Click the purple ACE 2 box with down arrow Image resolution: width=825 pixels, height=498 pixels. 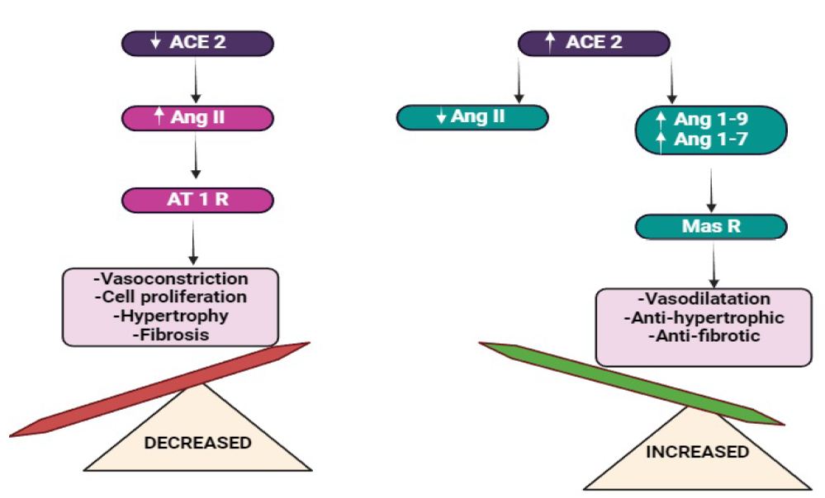click(x=197, y=43)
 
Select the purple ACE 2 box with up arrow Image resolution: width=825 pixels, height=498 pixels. click(x=594, y=43)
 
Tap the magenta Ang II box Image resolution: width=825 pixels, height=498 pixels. click(x=197, y=118)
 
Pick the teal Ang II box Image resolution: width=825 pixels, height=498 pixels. click(x=472, y=117)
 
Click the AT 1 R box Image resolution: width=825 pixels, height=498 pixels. click(x=197, y=200)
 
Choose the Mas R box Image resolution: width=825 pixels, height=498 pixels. click(x=711, y=227)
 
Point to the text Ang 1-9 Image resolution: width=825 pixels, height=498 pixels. click(x=711, y=120)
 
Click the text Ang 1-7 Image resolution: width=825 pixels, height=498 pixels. click(x=711, y=140)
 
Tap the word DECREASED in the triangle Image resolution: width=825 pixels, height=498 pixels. click(x=198, y=443)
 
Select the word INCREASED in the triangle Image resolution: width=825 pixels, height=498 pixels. click(x=697, y=452)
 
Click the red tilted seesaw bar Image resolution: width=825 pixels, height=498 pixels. click(x=159, y=390)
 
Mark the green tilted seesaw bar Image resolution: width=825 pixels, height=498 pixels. click(x=632, y=383)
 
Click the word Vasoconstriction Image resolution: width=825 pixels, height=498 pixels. click(x=170, y=278)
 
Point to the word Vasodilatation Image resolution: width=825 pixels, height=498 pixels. click(x=704, y=299)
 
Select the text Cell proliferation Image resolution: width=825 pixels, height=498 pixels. click(x=170, y=297)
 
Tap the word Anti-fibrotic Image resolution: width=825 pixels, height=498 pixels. click(x=704, y=336)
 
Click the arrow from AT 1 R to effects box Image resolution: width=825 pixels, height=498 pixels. click(x=193, y=243)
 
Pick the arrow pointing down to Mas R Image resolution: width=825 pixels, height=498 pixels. click(x=711, y=191)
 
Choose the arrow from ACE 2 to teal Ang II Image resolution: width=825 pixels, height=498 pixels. click(x=519, y=81)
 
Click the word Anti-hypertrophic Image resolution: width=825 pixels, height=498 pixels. click(x=704, y=318)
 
